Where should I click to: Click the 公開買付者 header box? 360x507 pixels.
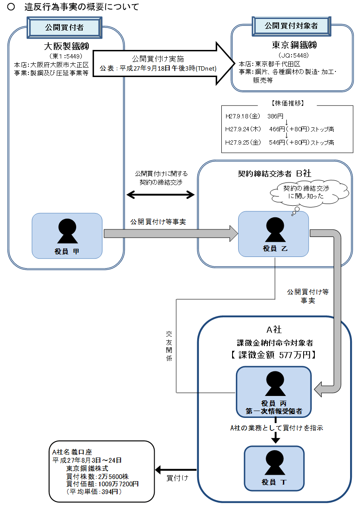tap(64, 28)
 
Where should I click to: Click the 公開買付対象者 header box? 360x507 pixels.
tap(291, 26)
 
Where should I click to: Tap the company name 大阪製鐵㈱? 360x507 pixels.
tap(66, 46)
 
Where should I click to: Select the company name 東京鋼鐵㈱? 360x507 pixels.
tap(294, 46)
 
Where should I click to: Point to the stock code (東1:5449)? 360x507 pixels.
tap(65, 56)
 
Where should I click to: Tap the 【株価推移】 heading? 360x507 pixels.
tap(288, 103)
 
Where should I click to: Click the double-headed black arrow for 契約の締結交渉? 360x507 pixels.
tap(161, 195)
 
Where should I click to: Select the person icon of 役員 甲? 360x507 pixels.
tap(67, 231)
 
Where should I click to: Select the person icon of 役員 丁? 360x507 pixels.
tap(274, 463)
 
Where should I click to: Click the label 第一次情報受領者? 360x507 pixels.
tap(274, 412)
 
